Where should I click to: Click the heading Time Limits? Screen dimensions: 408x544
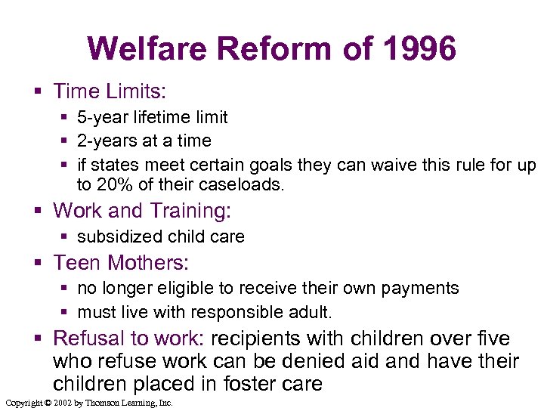tap(110, 91)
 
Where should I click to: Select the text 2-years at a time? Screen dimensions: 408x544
tap(144, 141)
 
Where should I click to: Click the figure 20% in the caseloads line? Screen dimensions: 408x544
tap(114, 184)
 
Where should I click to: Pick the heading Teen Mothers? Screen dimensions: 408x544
tap(121, 262)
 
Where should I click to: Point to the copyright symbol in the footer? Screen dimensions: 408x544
tap(48, 403)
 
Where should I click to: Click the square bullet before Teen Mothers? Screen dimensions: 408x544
tap(40, 263)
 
